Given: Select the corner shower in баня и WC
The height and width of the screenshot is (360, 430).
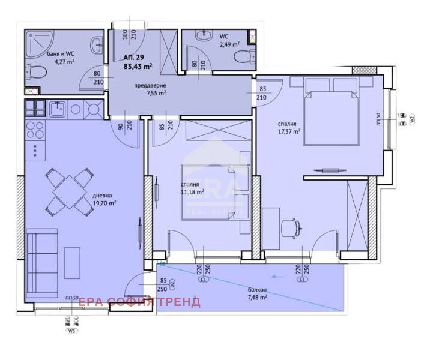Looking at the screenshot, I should (37, 41).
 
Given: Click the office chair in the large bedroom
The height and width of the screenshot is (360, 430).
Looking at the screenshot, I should (291, 227).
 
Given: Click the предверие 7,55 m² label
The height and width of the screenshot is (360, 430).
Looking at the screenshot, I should (150, 89).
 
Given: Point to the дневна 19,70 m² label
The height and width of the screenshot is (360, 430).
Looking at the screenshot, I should (104, 199).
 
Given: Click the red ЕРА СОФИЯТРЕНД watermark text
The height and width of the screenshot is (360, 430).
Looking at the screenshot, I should (139, 302).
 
